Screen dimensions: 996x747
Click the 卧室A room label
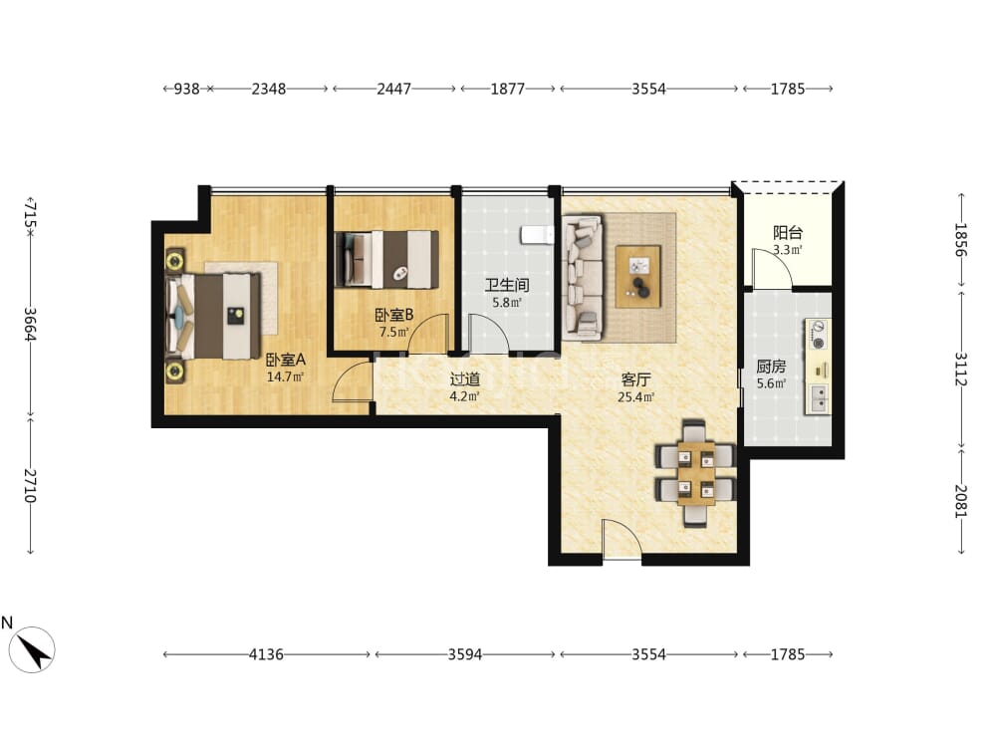point(285,360)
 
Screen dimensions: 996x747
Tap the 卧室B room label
point(393,315)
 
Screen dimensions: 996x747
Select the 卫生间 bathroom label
point(507,285)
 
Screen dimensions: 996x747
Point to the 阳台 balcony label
point(788,232)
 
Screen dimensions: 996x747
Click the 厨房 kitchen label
point(771,367)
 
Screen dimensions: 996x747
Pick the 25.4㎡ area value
point(635,397)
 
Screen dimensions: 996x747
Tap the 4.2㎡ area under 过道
point(464,396)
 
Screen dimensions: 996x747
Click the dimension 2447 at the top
point(393,89)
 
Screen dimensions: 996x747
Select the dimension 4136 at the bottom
point(266,654)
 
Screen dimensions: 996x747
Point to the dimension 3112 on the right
point(960,370)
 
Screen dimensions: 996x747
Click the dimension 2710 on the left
point(30,486)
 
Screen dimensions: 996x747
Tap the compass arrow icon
point(32,649)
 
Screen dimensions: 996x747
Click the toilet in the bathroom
point(537,235)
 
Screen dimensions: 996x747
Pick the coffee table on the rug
point(637,276)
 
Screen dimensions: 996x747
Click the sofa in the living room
point(582,275)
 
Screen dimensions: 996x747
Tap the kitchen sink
point(818,398)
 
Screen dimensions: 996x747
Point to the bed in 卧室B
point(386,259)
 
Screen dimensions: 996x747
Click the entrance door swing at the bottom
point(622,539)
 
